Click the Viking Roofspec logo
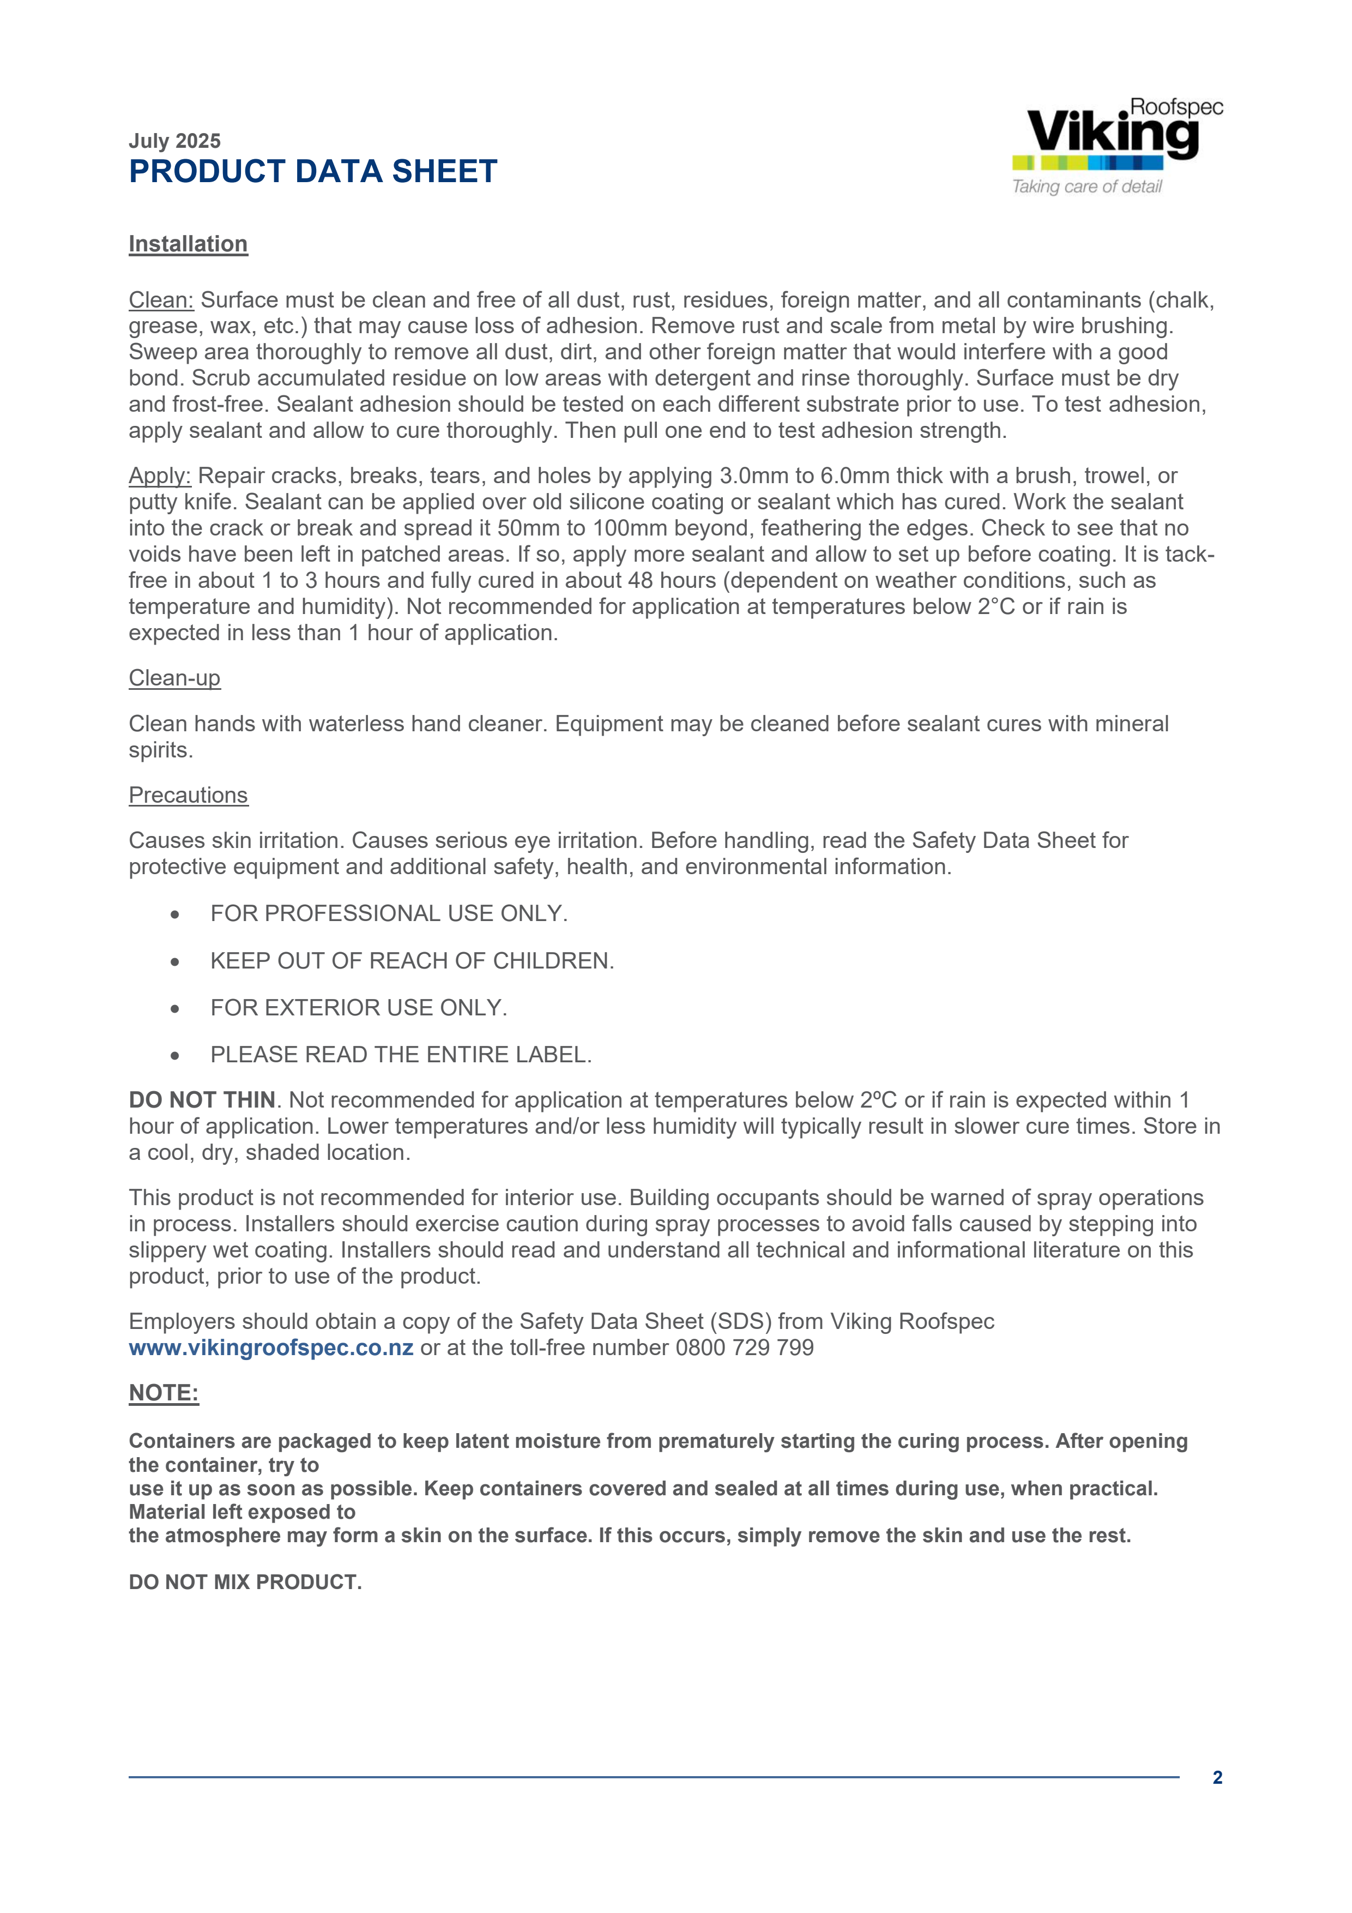click(x=1116, y=133)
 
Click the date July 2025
click(x=174, y=141)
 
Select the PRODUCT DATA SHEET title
click(x=313, y=172)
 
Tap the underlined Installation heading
click(x=188, y=244)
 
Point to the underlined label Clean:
click(x=161, y=300)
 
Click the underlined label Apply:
click(x=160, y=476)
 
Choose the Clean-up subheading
click(x=174, y=678)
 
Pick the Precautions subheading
click(x=188, y=795)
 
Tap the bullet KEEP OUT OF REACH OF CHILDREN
click(x=412, y=961)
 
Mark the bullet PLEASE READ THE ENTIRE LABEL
click(x=401, y=1055)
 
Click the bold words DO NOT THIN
click(x=202, y=1100)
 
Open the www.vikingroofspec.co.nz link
click(x=271, y=1347)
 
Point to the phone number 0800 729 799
click(x=744, y=1347)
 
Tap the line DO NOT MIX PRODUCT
click(x=245, y=1582)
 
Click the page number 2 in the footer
click(x=1217, y=1777)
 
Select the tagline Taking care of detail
click(x=1087, y=187)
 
